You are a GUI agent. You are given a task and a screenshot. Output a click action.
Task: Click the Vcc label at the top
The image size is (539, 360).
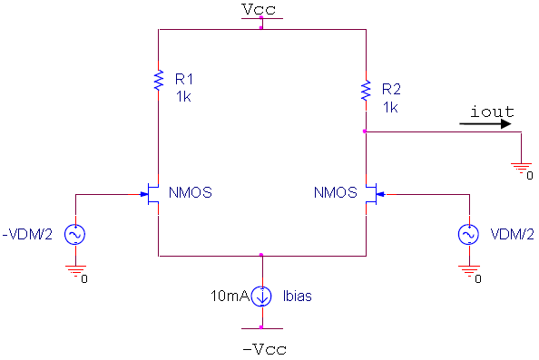[261, 9]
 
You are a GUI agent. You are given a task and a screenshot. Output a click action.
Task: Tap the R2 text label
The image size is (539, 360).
[391, 90]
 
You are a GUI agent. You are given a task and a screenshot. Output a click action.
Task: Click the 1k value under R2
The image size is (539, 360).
[390, 106]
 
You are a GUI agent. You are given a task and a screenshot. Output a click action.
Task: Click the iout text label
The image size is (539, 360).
[492, 112]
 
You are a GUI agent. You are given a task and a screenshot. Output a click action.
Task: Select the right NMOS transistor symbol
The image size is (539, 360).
[370, 194]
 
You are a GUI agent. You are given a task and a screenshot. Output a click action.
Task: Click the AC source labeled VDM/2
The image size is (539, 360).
[469, 235]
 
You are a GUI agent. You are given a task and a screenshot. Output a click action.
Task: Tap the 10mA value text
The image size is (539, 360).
[227, 296]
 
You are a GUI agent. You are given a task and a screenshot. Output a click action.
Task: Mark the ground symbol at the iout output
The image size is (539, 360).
[522, 168]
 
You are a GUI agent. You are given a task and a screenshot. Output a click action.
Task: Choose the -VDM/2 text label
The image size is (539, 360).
[28, 235]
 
